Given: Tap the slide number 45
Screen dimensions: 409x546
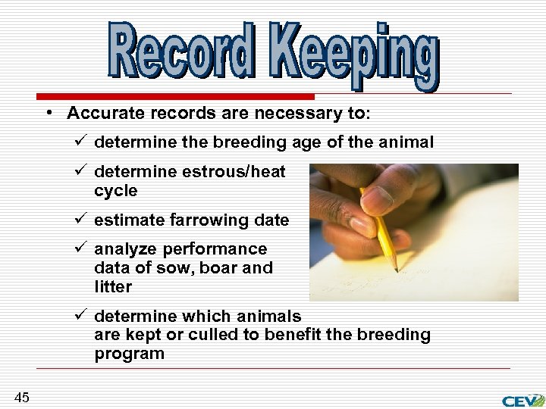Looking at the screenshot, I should tap(21, 397).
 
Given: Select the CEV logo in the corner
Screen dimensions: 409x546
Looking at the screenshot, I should tap(522, 400).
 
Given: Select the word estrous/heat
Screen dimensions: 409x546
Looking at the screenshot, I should tap(234, 172).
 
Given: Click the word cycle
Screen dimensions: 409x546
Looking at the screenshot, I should tap(116, 191).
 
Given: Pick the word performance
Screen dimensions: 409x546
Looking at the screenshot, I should tap(218, 249).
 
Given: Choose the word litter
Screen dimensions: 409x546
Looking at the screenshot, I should tap(113, 287).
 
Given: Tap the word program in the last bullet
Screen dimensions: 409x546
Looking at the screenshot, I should tap(129, 354).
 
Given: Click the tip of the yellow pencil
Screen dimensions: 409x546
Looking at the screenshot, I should tap(396, 269).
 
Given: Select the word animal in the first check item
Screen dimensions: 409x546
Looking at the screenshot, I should tap(408, 142).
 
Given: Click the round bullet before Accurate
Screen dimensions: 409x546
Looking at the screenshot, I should tap(48, 113).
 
